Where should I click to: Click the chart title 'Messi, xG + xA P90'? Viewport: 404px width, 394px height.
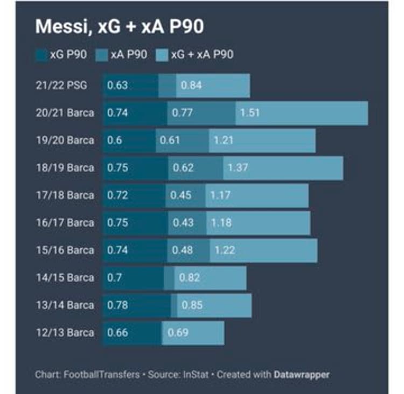[120, 27]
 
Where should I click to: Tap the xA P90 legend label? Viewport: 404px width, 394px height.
[128, 54]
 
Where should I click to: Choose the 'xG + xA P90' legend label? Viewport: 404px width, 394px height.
[202, 54]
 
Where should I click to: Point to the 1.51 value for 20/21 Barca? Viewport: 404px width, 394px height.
[250, 113]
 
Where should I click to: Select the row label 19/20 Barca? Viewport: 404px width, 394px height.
[65, 140]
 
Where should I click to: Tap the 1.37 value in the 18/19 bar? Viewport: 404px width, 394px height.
[238, 168]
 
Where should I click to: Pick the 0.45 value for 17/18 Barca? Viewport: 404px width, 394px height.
[180, 195]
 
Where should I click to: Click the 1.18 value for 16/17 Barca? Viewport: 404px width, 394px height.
[220, 223]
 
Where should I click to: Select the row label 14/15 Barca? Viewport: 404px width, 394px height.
[65, 278]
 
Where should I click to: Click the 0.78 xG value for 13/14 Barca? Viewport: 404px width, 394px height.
[117, 305]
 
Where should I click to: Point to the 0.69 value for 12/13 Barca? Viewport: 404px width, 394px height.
[178, 333]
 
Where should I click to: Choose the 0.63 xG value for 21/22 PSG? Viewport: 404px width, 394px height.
[117, 85]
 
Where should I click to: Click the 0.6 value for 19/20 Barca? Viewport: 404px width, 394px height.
[115, 140]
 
